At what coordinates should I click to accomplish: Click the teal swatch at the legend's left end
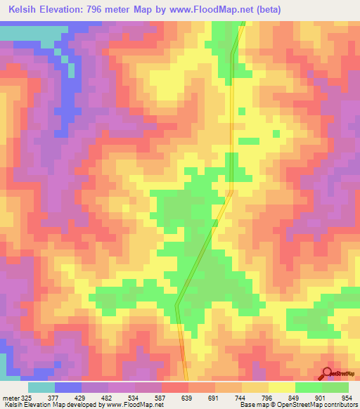41,387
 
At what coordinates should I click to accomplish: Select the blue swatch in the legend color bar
68,387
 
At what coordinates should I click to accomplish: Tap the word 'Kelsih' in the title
20,9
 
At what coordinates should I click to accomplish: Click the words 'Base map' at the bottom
250,405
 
